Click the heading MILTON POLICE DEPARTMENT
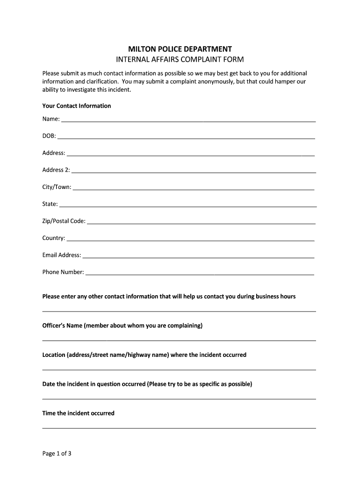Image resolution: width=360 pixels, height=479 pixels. [x=180, y=49]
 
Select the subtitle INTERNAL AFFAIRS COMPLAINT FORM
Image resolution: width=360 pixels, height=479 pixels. [x=180, y=59]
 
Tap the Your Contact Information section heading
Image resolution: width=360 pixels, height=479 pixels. [x=77, y=106]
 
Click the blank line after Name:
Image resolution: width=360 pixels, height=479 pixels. [x=188, y=121]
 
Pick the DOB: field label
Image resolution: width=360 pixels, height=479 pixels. [x=49, y=136]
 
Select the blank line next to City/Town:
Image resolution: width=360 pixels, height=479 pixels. [x=194, y=189]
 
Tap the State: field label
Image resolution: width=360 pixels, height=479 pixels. [x=50, y=204]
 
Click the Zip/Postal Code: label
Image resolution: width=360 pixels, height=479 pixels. [x=64, y=221]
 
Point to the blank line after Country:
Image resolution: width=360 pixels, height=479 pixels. [x=190, y=240]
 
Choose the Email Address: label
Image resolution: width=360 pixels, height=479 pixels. [x=62, y=255]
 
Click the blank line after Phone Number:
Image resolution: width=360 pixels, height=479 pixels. [x=200, y=274]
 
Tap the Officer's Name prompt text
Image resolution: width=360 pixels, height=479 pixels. [x=122, y=326]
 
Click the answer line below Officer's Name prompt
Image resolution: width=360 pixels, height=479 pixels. [x=179, y=340]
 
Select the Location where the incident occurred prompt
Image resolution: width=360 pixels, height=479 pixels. [x=144, y=355]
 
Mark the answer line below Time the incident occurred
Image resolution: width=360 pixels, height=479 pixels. [x=179, y=428]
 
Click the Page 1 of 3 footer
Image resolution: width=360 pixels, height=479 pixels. [x=57, y=453]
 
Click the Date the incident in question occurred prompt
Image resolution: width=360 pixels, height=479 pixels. [x=147, y=384]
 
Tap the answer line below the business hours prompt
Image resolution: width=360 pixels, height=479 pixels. [x=179, y=311]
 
